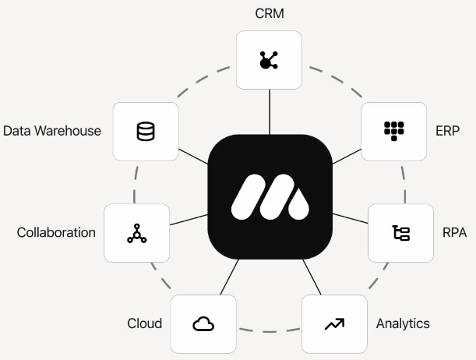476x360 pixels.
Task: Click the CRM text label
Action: pyautogui.click(x=269, y=13)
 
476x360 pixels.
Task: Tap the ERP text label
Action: pyautogui.click(x=448, y=130)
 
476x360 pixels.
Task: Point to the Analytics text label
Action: pyautogui.click(x=402, y=323)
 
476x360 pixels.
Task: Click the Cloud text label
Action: pyautogui.click(x=144, y=323)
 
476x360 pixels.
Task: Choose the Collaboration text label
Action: pyautogui.click(x=56, y=232)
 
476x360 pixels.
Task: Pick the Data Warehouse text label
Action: pyautogui.click(x=52, y=130)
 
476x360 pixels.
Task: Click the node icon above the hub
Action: pyautogui.click(x=269, y=59)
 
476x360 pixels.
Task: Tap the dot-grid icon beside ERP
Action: pyautogui.click(x=393, y=130)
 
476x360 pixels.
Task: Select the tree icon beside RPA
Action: pyautogui.click(x=400, y=232)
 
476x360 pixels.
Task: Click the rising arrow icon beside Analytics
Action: pyautogui.click(x=334, y=323)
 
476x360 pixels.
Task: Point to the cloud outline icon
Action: pyautogui.click(x=203, y=323)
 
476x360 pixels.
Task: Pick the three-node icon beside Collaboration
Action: pyautogui.click(x=136, y=232)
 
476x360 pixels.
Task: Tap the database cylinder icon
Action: pyautogui.click(x=146, y=132)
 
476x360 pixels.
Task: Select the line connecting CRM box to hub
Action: pyautogui.click(x=269, y=111)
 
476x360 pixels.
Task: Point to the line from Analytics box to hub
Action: pyautogui.click(x=310, y=277)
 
